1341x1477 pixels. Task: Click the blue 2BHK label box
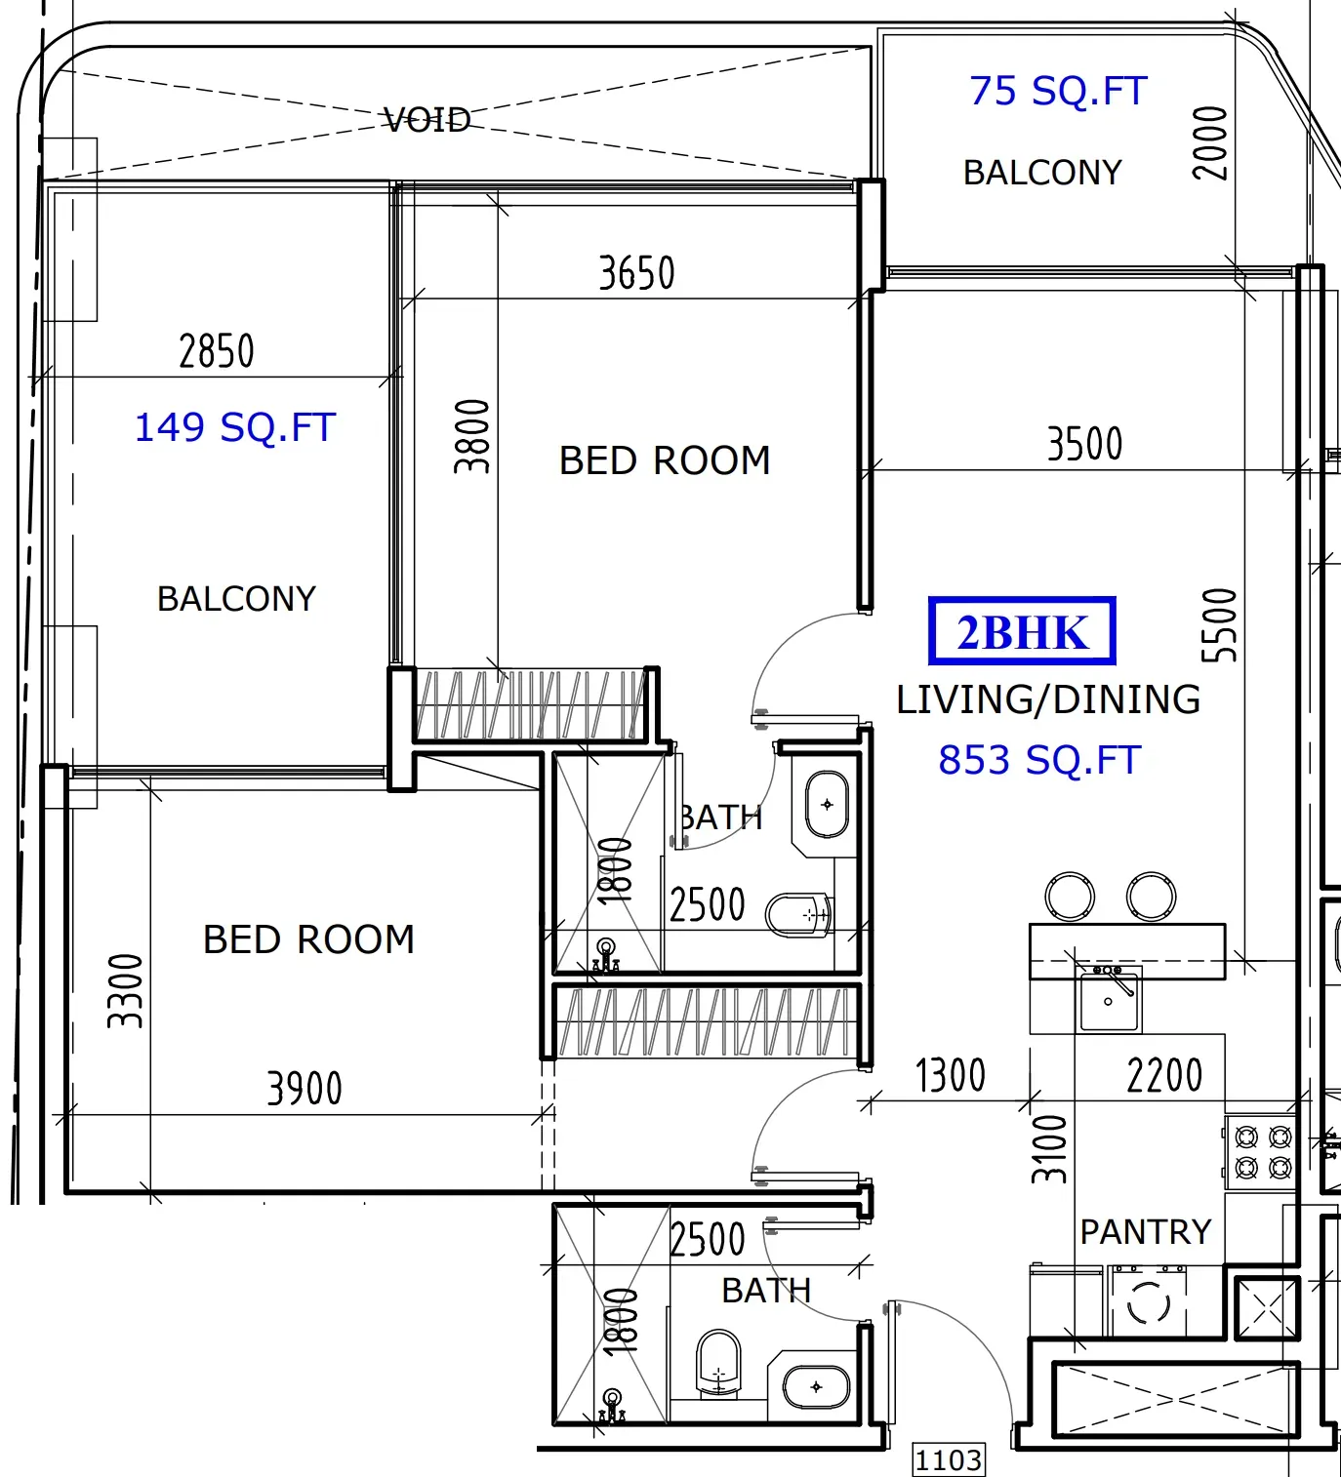click(1022, 631)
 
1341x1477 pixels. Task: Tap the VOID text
click(427, 120)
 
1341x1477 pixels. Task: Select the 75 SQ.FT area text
click(1058, 91)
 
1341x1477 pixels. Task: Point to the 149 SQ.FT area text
click(235, 427)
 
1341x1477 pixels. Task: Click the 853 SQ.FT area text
click(1039, 760)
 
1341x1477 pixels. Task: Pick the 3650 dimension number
click(636, 273)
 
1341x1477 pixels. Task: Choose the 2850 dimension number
click(217, 351)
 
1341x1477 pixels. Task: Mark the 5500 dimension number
click(1219, 625)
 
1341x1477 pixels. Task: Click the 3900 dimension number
click(305, 1089)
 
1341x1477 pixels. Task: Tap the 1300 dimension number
click(951, 1076)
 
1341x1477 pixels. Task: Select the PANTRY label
click(1146, 1232)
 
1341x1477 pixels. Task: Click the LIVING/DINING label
click(1048, 699)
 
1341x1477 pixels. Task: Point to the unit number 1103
click(949, 1458)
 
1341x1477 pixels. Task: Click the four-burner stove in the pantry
click(1263, 1152)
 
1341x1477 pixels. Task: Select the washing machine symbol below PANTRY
click(1148, 1304)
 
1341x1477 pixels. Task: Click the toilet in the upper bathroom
click(799, 915)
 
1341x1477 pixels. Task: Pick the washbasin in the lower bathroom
click(816, 1387)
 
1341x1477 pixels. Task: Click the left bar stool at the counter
click(1069, 897)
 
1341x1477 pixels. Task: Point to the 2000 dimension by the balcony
click(1210, 143)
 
